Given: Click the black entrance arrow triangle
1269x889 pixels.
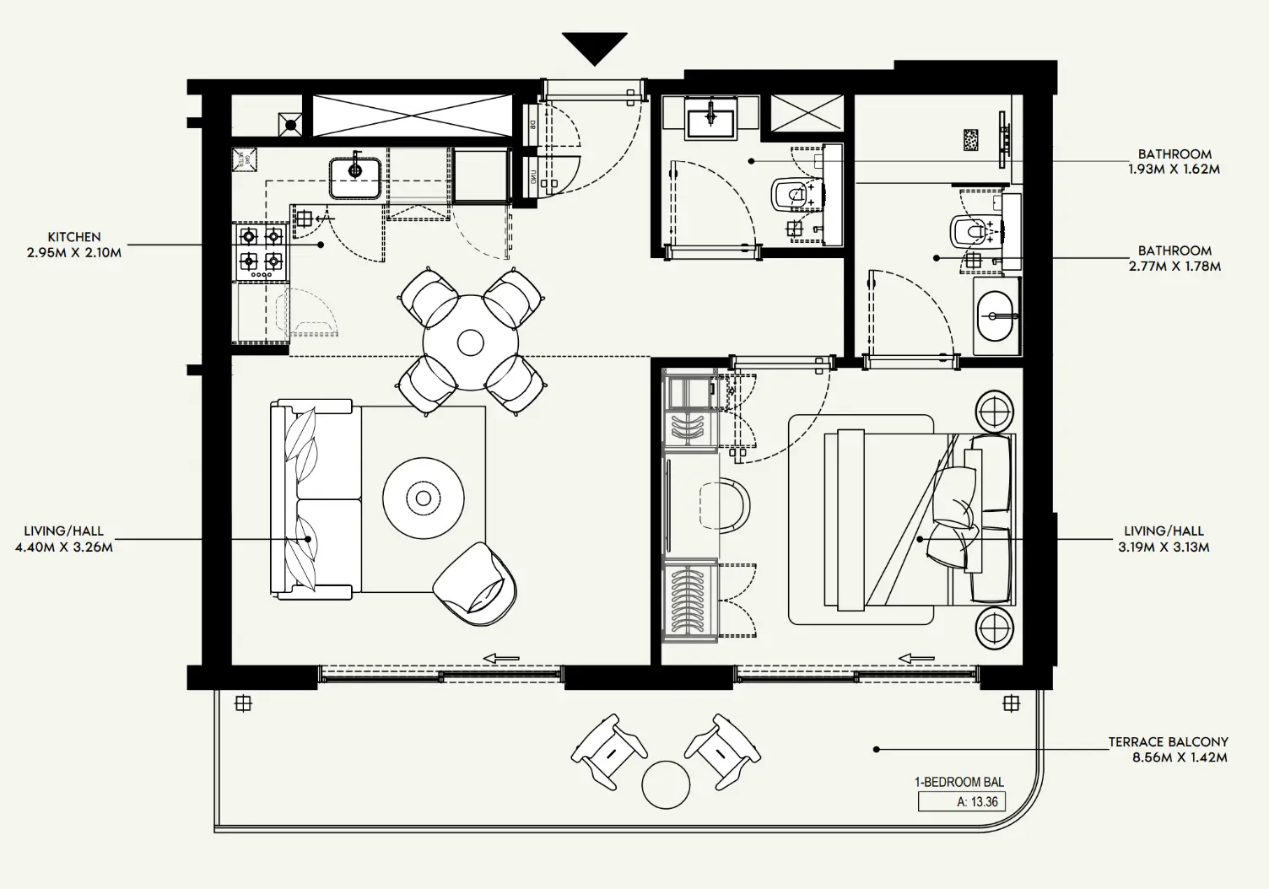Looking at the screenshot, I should point(595,46).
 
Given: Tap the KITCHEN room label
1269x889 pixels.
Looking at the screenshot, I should point(74,237).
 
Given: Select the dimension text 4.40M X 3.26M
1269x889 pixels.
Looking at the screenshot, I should point(64,547).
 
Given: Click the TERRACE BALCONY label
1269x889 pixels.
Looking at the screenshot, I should point(1168,742).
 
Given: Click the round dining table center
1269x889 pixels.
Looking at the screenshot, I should point(470,342).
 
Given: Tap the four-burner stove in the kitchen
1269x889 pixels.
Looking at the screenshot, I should point(261,251).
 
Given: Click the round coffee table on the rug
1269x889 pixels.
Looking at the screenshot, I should point(423,498).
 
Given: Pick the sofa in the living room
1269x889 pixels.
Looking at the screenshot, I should point(314,499).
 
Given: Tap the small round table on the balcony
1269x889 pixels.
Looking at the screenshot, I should point(666,784).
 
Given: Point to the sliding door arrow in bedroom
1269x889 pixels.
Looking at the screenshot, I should point(916,658).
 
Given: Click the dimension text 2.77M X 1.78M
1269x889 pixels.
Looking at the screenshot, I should point(1174,266).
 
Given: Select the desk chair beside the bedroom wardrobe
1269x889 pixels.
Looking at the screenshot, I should point(726,504).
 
